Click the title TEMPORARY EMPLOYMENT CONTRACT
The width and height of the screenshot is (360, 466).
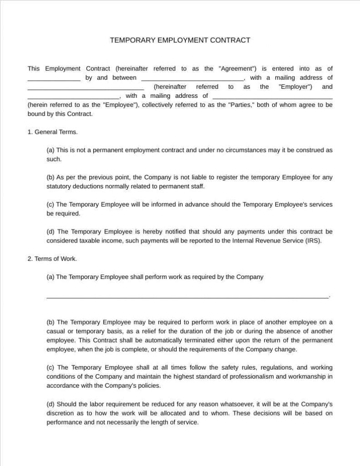click(180, 40)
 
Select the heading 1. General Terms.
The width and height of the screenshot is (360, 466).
click(52, 132)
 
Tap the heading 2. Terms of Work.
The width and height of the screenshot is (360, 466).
click(52, 258)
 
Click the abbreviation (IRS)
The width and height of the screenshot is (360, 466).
click(313, 241)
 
